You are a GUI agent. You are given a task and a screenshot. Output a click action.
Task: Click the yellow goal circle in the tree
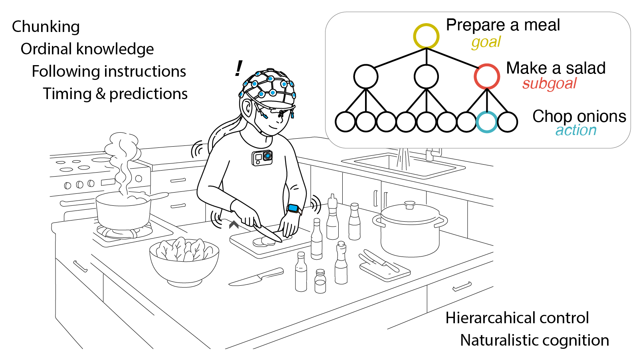426,24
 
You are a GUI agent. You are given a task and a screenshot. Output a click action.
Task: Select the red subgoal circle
487,64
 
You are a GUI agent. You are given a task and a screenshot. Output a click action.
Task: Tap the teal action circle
487,113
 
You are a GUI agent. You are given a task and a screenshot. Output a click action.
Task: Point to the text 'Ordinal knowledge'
87,49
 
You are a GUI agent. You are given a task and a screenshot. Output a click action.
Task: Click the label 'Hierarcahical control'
517,318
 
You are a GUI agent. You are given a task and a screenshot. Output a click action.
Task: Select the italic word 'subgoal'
549,84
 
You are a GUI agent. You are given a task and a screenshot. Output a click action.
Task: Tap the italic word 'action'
576,130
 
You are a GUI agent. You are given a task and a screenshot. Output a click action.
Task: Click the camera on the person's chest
262,158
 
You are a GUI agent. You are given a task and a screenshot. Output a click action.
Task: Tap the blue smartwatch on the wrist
294,209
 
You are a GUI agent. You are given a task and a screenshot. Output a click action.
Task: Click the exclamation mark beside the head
238,68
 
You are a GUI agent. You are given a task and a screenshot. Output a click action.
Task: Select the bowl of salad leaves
184,261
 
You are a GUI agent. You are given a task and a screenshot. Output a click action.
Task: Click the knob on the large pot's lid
410,205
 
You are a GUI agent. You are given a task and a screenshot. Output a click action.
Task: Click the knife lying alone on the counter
256,276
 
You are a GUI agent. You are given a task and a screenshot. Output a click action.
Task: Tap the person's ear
247,107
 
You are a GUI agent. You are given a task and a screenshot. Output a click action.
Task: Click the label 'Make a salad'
556,68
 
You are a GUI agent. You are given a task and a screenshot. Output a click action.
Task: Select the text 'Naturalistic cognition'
535,340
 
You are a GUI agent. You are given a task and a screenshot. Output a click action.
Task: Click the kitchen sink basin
403,165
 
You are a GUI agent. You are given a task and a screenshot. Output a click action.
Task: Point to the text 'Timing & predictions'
115,94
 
